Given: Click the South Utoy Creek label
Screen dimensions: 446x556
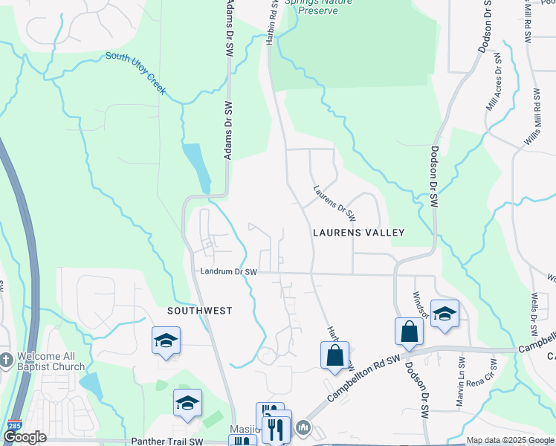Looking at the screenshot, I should (135, 74).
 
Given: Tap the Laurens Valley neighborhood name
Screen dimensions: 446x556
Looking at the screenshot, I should (358, 233).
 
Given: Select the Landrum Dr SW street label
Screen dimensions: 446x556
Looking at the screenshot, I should (228, 272).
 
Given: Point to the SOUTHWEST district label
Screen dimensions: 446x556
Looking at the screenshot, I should (199, 311).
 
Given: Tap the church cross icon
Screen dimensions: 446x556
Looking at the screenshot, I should (6, 360).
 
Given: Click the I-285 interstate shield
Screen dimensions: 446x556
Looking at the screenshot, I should (13, 427).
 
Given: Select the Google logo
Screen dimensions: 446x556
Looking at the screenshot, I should (25, 437).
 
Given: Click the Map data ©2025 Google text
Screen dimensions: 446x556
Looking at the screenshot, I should (510, 440).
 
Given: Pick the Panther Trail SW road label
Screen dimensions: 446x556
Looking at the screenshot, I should (167, 442).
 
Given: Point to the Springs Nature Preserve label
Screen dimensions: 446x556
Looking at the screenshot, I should (322, 7).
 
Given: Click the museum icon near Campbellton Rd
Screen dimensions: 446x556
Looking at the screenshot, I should (303, 428).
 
